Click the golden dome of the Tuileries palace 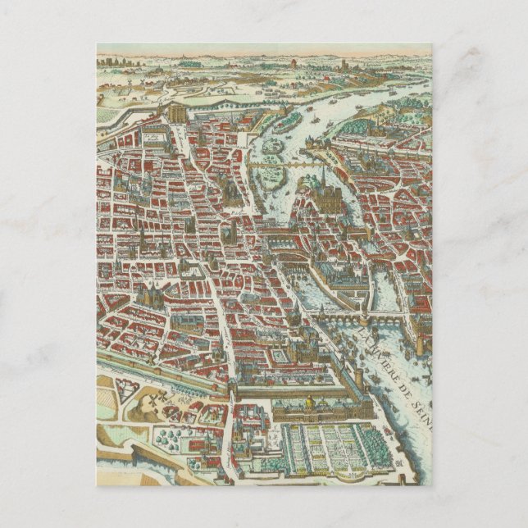tap(311, 403)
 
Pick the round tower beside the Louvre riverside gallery tap(358, 378)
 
